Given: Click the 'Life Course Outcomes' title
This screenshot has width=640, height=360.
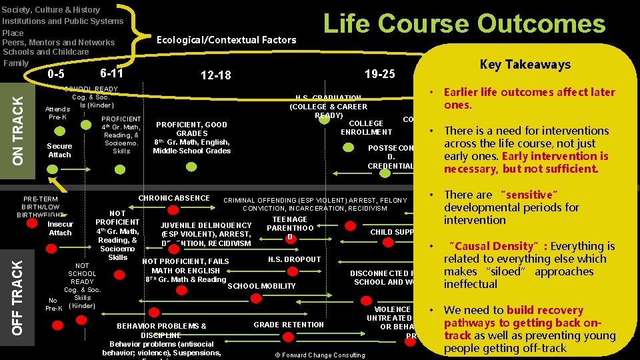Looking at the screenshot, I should click(464, 24).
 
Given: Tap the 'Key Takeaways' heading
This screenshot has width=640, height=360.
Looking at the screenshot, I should click(525, 64).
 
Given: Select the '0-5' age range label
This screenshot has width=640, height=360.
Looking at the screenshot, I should click(57, 73).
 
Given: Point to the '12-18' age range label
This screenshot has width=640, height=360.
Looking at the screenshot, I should click(215, 75).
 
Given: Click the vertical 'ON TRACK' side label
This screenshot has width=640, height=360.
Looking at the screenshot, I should click(19, 127).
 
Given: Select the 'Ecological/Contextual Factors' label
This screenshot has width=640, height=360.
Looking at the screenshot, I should click(226, 40).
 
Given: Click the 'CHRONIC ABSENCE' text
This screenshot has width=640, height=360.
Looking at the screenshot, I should click(174, 198).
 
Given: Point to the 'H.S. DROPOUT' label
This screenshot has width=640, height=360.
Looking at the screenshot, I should click(294, 259).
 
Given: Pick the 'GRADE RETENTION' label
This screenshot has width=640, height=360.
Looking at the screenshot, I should click(289, 325).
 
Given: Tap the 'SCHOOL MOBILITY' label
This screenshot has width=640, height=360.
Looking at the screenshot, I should click(261, 286).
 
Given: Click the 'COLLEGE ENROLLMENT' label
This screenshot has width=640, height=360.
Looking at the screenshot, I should click(366, 127).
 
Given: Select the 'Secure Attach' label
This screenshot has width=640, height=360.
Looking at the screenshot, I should click(59, 150).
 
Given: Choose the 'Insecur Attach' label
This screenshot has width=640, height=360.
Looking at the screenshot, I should click(60, 228).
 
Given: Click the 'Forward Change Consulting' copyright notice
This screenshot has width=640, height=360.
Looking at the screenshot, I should click(319, 355).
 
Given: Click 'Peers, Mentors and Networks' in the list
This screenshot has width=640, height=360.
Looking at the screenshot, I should click(59, 42).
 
